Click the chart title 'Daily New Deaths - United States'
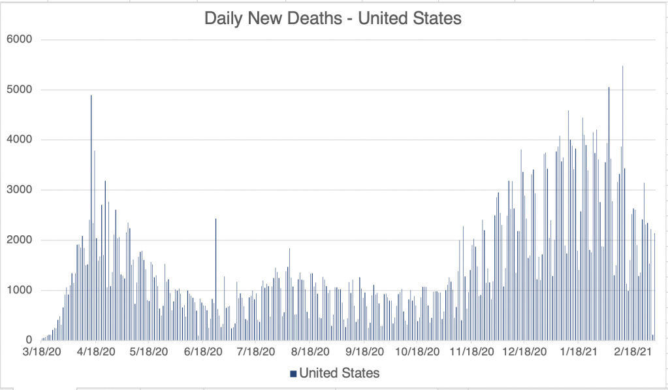(333, 18)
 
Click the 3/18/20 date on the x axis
(42, 352)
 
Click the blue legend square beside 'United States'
(293, 374)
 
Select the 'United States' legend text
(339, 374)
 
